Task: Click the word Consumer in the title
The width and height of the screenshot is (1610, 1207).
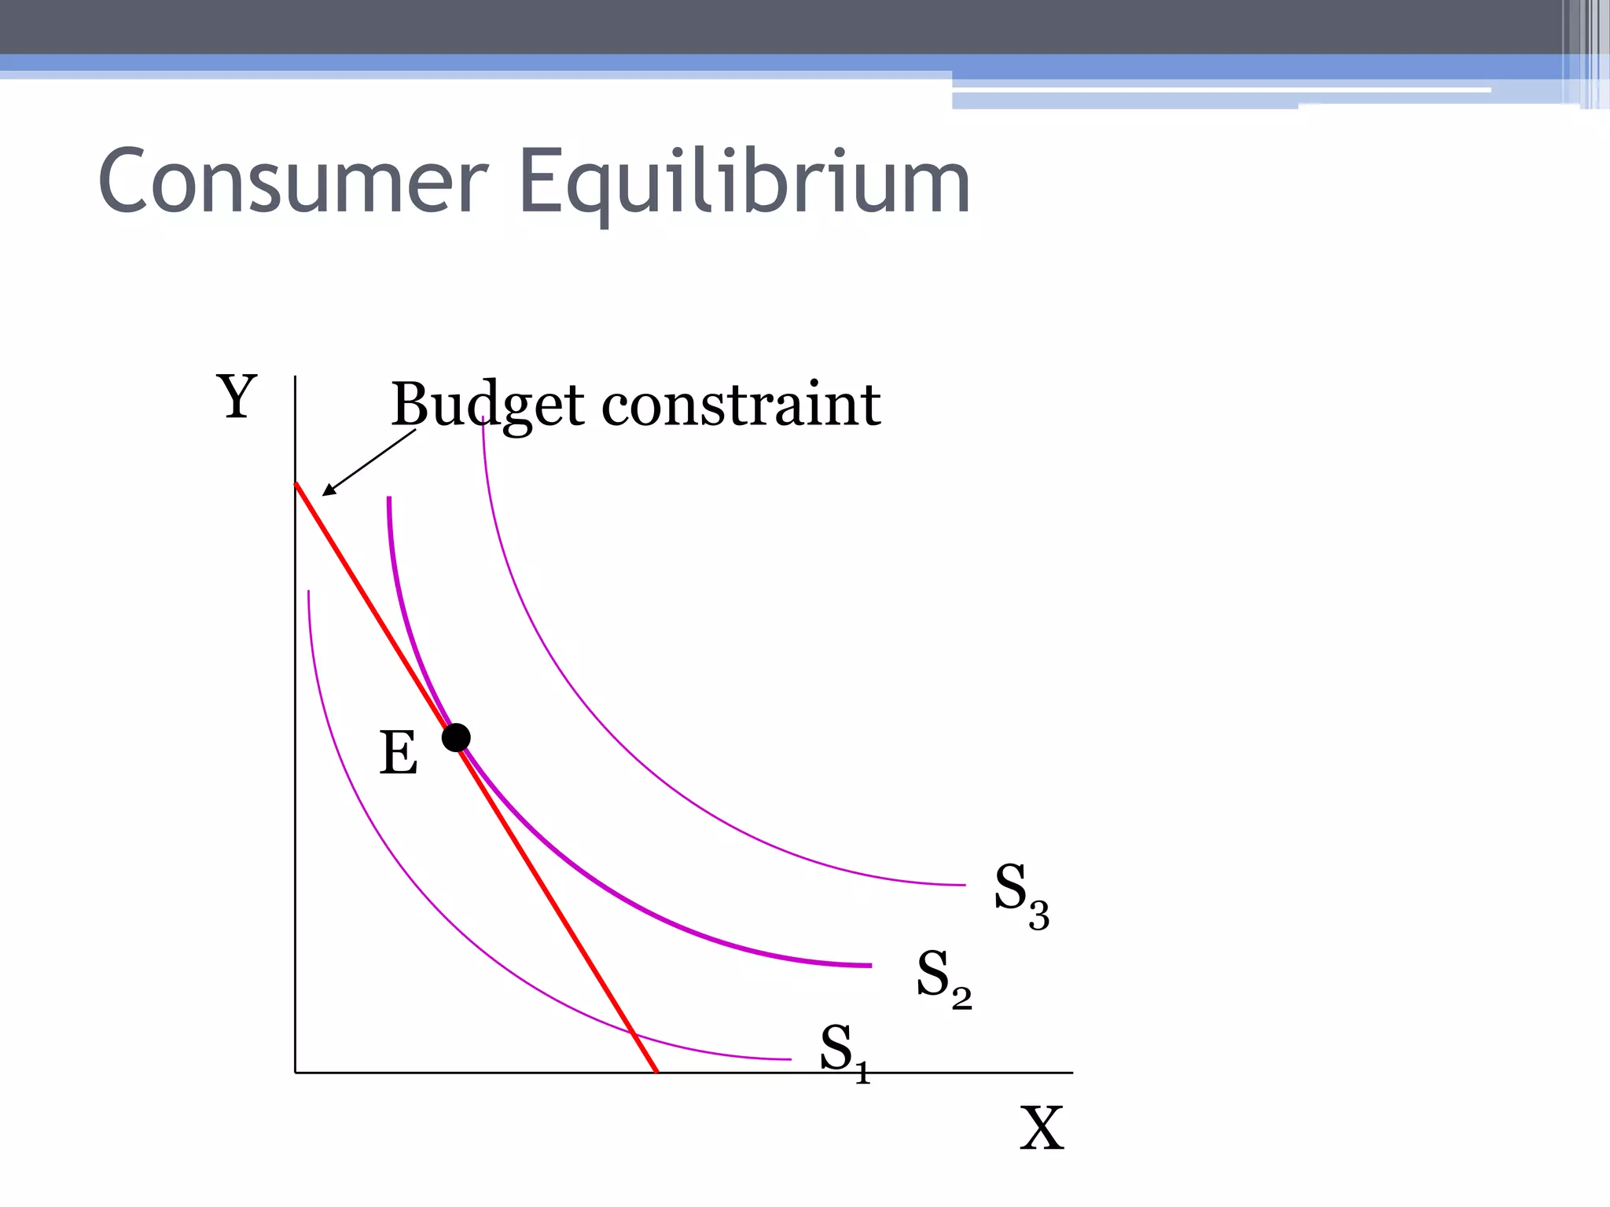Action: pyautogui.click(x=293, y=182)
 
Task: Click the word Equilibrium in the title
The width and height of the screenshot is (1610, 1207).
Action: pyautogui.click(x=744, y=183)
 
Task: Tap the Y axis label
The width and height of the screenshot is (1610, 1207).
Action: pyautogui.click(x=237, y=397)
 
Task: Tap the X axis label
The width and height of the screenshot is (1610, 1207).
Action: pyautogui.click(x=1042, y=1128)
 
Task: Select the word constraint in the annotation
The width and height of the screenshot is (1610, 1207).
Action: pyautogui.click(x=741, y=405)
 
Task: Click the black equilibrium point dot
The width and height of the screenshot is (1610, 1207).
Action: pyautogui.click(x=456, y=738)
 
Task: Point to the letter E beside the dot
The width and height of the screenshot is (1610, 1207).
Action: pyautogui.click(x=399, y=754)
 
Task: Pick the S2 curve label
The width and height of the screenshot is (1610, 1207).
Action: pyautogui.click(x=943, y=979)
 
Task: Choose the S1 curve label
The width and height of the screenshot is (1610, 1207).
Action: pyautogui.click(x=845, y=1053)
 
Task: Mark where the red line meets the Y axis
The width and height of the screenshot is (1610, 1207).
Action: pyautogui.click(x=296, y=483)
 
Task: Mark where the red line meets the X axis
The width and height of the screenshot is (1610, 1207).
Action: pyautogui.click(x=657, y=1072)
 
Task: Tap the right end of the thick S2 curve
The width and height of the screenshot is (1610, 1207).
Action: pyautogui.click(x=870, y=965)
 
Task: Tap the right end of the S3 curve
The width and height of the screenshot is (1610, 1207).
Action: pyautogui.click(x=964, y=885)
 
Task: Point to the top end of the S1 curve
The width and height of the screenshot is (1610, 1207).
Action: pyautogui.click(x=309, y=592)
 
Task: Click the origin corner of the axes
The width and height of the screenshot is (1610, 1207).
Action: pyautogui.click(x=296, y=1072)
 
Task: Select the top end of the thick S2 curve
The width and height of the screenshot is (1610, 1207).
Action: pyautogui.click(x=389, y=498)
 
